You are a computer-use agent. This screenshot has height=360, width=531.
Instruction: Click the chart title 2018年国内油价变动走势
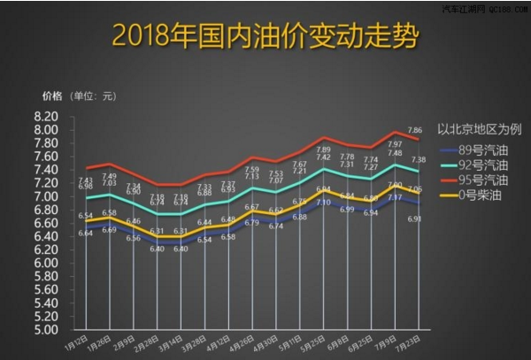[265, 37]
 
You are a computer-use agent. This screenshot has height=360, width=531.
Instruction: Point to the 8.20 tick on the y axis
[46, 116]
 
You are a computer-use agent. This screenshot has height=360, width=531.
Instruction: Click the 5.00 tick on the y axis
[46, 330]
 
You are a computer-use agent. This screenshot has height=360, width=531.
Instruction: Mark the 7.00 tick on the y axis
[46, 196]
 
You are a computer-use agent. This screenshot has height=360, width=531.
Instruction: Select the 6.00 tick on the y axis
[46, 263]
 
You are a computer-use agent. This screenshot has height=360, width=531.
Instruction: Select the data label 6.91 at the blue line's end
[414, 218]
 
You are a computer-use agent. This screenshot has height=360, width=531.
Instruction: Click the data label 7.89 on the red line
[324, 150]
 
